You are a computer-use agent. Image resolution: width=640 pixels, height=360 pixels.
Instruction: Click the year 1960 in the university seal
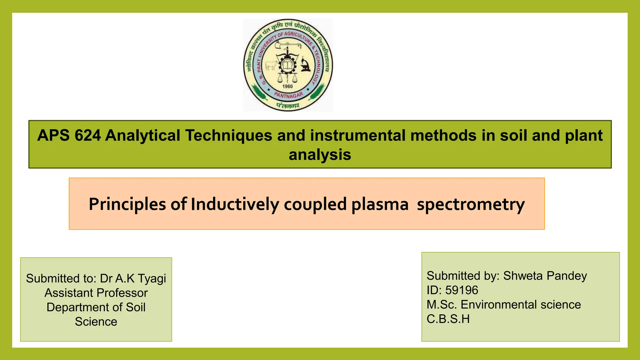pyautogui.click(x=287, y=86)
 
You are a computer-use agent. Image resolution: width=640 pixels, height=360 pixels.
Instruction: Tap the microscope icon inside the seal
pyautogui.click(x=305, y=64)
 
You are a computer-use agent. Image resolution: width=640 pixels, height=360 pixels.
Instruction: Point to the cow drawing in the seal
pyautogui.click(x=271, y=65)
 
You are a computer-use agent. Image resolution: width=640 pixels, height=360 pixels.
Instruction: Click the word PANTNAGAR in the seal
pyautogui.click(x=288, y=95)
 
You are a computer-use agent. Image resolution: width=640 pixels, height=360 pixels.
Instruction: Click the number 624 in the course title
pyautogui.click(x=88, y=136)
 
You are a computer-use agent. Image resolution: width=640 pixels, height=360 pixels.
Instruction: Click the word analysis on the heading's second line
pyautogui.click(x=320, y=155)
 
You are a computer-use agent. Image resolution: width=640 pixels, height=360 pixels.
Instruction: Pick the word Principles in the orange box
pyautogui.click(x=127, y=204)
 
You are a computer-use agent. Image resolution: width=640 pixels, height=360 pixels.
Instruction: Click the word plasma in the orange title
pyautogui.click(x=380, y=204)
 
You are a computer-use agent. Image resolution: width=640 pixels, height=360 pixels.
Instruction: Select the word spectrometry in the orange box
pyautogui.click(x=471, y=204)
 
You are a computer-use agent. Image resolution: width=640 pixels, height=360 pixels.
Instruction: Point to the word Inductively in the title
pyautogui.click(x=235, y=204)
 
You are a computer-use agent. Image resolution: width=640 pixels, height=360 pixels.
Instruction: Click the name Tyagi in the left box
pyautogui.click(x=152, y=278)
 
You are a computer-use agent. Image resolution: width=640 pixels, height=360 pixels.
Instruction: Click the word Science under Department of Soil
pyautogui.click(x=96, y=322)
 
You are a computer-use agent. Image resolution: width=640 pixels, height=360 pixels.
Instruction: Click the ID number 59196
pyautogui.click(x=462, y=290)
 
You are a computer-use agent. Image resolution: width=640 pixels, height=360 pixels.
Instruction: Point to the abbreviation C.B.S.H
pyautogui.click(x=448, y=319)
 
